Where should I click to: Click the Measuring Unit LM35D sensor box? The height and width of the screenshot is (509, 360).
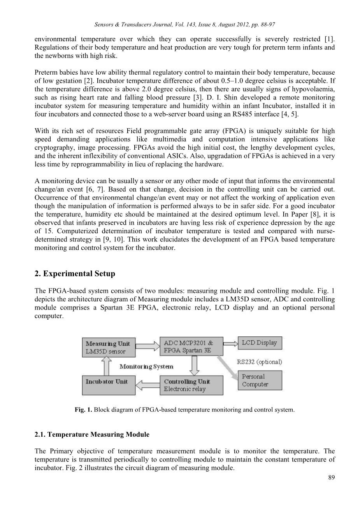tap(108, 347)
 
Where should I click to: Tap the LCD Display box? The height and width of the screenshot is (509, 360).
tap(260, 343)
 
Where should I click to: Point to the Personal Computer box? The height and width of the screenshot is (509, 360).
tap(260, 380)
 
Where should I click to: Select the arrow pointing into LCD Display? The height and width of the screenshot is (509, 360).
tap(230, 343)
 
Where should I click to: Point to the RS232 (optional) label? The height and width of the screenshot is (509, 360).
tap(260, 362)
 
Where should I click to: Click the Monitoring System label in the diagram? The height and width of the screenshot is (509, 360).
tap(146, 366)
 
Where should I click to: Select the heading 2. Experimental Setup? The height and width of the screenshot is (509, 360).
tap(75, 274)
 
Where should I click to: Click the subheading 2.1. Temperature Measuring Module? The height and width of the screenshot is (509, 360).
tap(92, 435)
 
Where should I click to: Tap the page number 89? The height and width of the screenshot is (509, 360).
tap(331, 478)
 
